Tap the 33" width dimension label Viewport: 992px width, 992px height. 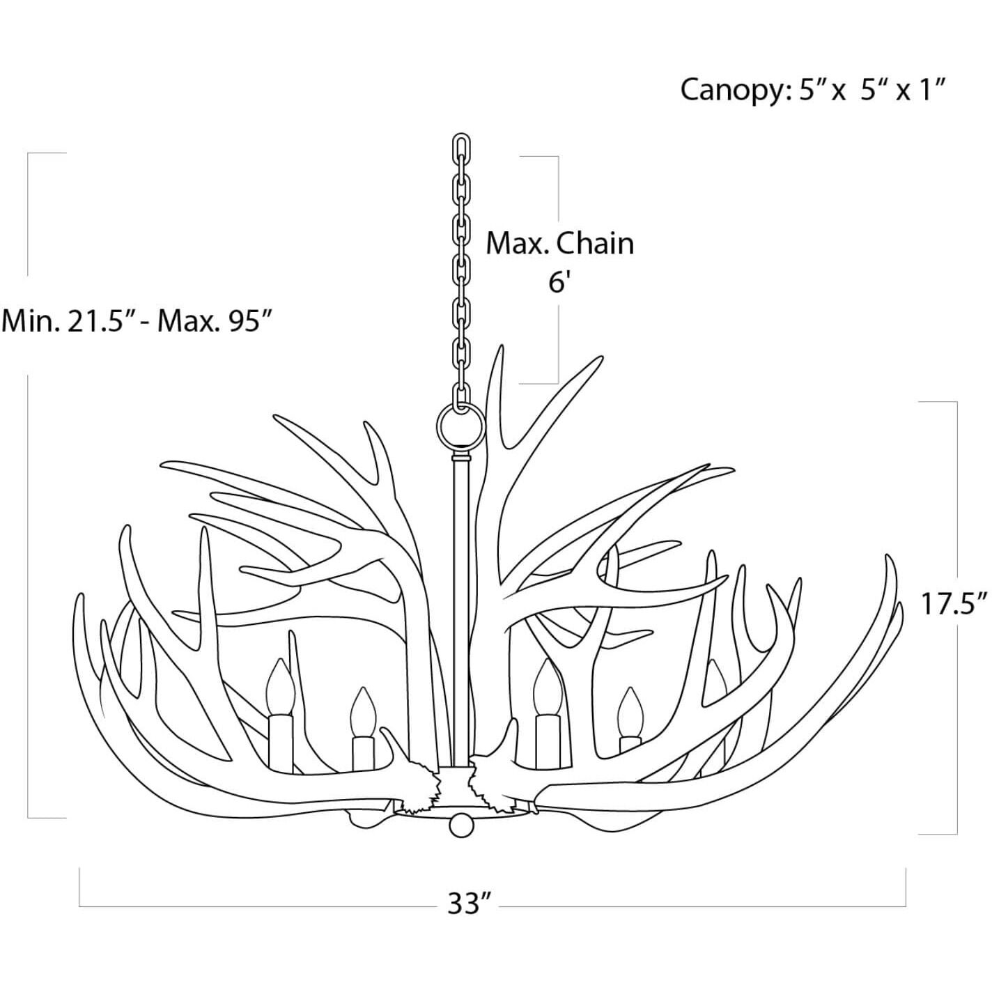pos(466,905)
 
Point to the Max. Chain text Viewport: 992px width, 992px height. pos(559,244)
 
